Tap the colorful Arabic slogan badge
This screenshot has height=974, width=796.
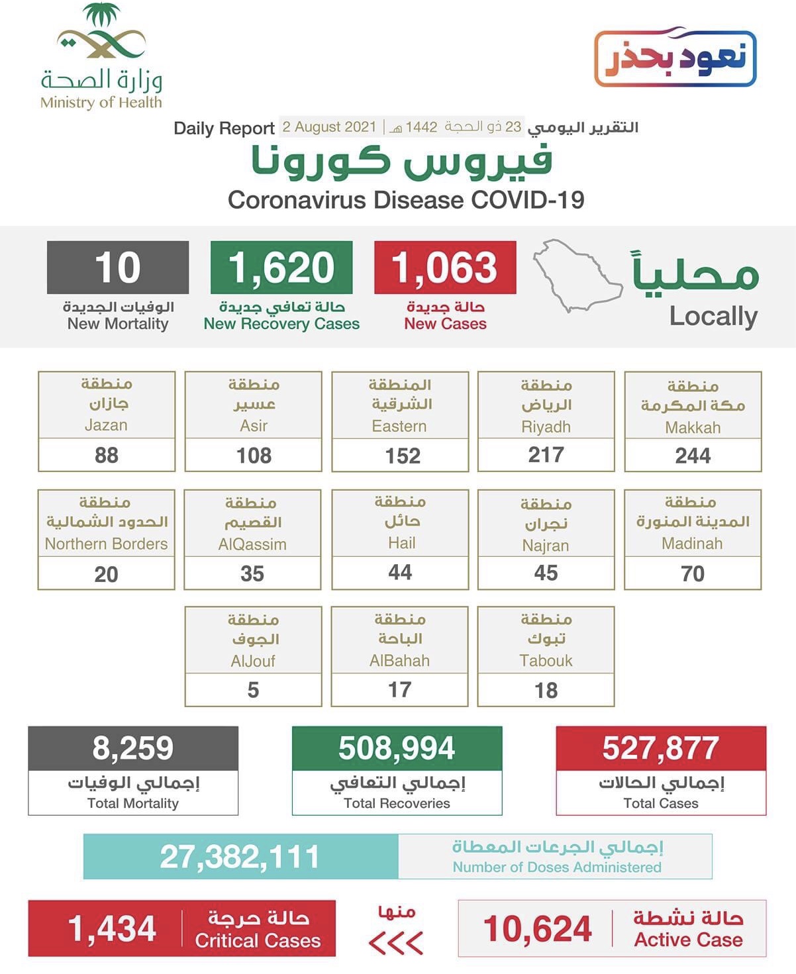(675, 58)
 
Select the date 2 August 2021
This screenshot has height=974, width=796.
(329, 127)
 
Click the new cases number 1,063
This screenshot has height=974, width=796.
(444, 268)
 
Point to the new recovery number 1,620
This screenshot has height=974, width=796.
(281, 268)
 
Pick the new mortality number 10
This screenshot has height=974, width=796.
(118, 268)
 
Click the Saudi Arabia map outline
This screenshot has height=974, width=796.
(576, 275)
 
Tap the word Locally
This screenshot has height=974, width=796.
(713, 317)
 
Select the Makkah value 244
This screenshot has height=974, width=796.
(693, 456)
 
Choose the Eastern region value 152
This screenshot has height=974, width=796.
(403, 456)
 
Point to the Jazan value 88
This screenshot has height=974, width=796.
(107, 455)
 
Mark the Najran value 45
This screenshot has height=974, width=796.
(546, 573)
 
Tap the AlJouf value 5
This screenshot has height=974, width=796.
(253, 690)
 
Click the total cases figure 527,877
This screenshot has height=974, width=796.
(660, 748)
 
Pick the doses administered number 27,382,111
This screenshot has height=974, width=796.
(240, 857)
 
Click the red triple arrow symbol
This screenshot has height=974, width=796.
(396, 942)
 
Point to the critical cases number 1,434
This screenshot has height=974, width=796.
(112, 928)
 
